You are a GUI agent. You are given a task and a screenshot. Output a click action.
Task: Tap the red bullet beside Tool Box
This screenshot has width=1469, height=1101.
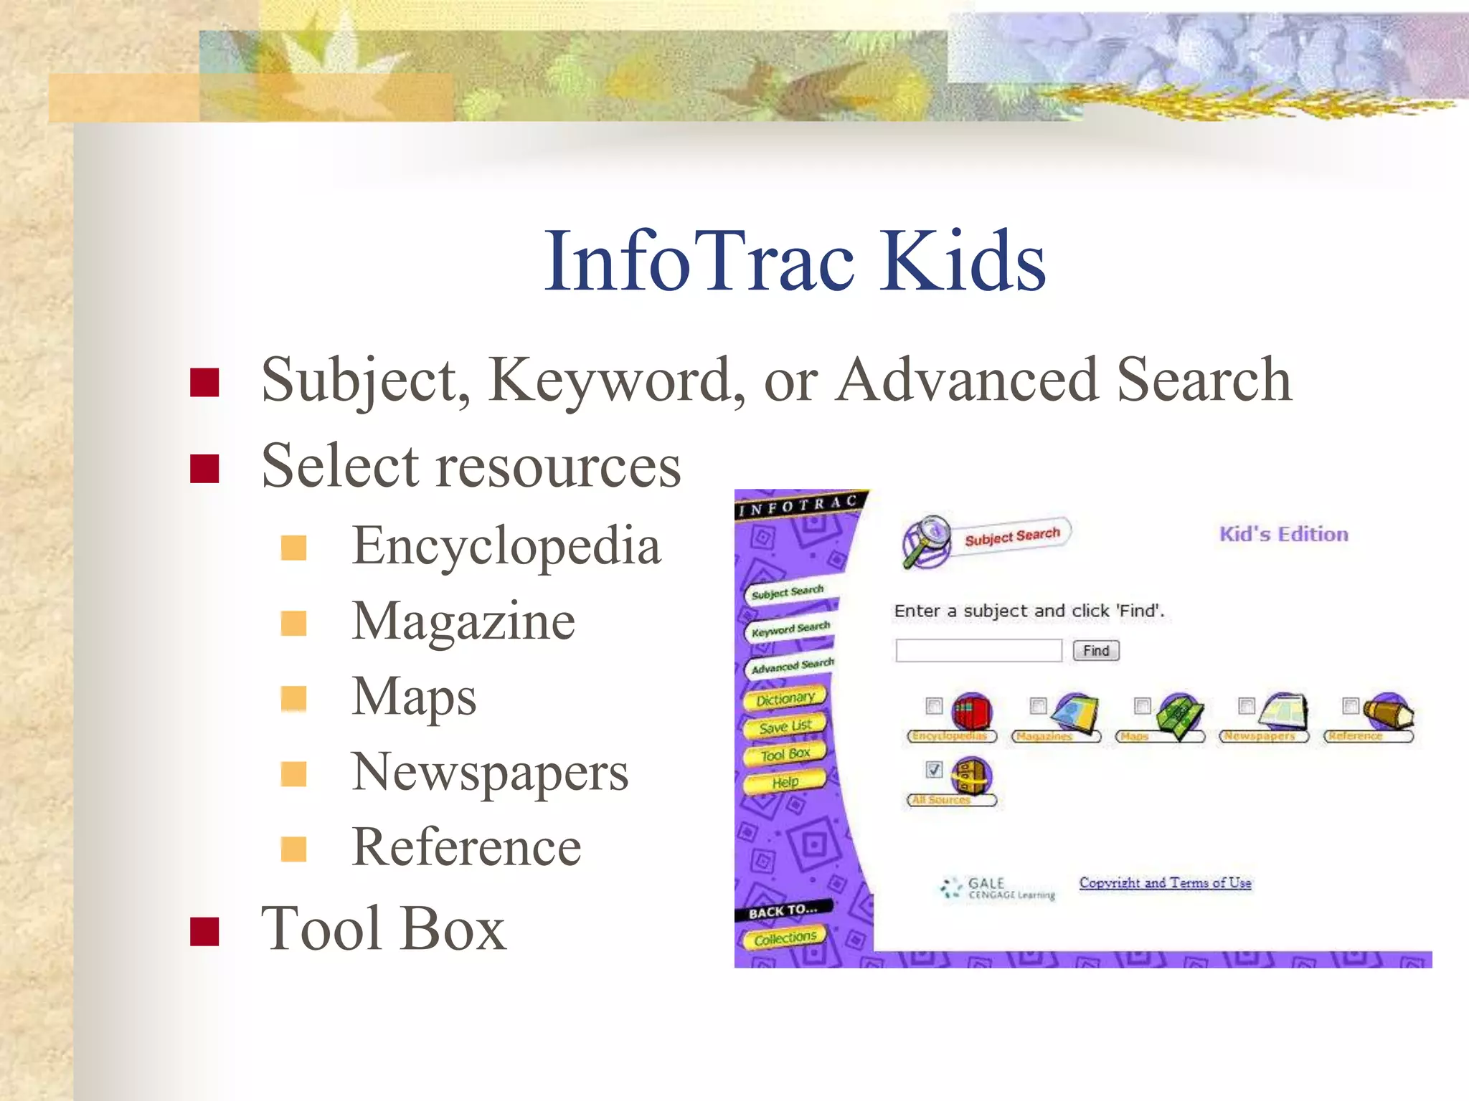[204, 931]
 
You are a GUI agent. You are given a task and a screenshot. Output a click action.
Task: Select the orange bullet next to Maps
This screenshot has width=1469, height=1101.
[293, 697]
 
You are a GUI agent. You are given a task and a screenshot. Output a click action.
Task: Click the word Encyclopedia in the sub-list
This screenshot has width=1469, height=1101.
[506, 545]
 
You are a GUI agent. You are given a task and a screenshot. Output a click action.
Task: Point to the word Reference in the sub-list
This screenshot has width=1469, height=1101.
[466, 847]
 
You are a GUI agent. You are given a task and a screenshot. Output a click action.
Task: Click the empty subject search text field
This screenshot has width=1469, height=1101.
[978, 651]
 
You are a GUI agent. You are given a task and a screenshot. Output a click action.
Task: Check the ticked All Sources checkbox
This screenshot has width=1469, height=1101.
[934, 770]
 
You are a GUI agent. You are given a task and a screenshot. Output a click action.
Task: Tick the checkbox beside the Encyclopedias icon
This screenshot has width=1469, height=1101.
[934, 706]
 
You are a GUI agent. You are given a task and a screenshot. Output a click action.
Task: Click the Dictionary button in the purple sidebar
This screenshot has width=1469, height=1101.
[785, 698]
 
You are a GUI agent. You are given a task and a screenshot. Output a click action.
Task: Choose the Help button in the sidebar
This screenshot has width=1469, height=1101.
[785, 782]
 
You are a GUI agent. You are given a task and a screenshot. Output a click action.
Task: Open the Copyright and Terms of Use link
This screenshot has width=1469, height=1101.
[1165, 882]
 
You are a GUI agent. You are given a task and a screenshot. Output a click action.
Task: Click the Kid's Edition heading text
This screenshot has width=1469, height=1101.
[1283, 534]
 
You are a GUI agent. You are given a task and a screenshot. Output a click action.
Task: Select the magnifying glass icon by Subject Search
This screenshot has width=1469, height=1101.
[925, 541]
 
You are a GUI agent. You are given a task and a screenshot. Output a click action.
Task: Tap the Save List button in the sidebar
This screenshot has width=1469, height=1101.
[785, 727]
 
